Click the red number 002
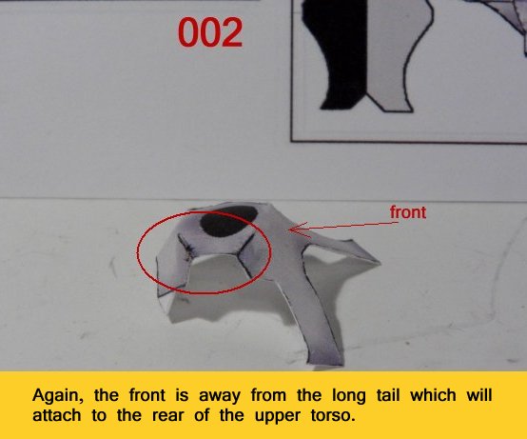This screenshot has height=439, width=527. click(x=210, y=32)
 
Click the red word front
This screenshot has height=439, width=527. click(x=408, y=212)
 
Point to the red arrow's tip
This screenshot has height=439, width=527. click(x=290, y=229)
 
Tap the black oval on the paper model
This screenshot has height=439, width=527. click(x=229, y=221)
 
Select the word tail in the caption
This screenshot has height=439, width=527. click(x=388, y=395)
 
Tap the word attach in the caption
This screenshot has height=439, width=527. click(x=57, y=416)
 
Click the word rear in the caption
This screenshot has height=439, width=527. click(x=168, y=417)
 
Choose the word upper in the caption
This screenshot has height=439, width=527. click(x=277, y=417)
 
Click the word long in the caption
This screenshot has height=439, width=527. click(x=348, y=396)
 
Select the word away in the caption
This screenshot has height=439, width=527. click(x=220, y=397)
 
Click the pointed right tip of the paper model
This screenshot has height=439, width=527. click(x=380, y=263)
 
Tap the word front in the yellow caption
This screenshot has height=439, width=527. click(x=147, y=395)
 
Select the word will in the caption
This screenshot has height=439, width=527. click(x=479, y=395)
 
